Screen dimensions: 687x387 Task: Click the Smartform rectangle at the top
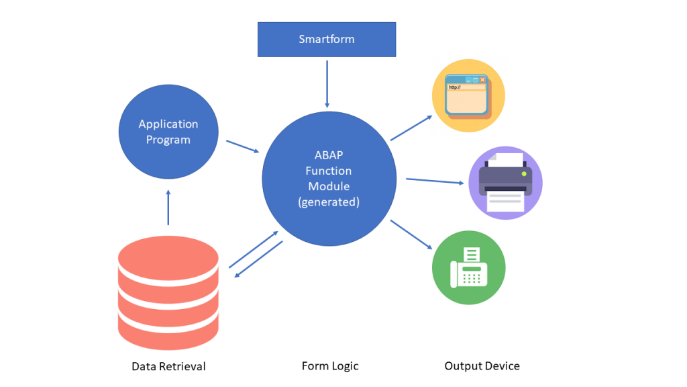click(327, 40)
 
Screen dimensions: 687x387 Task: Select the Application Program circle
click(168, 132)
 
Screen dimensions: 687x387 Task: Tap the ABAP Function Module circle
click(329, 179)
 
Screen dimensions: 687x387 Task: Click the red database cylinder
click(168, 293)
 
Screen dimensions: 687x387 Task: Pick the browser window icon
click(468, 96)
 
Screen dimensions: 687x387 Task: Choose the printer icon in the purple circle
click(505, 183)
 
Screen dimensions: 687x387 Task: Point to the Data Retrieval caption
click(168, 366)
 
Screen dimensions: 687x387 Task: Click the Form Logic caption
click(330, 366)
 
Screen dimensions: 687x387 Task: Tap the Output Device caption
click(482, 366)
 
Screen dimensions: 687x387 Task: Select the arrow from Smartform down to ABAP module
click(327, 84)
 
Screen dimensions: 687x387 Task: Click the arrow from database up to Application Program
click(168, 208)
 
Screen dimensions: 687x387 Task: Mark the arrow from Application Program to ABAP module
click(243, 146)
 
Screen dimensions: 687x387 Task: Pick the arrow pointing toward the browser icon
click(411, 128)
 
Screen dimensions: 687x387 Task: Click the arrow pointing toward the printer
click(435, 181)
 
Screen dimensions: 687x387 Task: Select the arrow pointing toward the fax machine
click(411, 234)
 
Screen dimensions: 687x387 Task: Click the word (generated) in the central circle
click(329, 202)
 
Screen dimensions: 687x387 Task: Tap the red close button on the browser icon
click(482, 80)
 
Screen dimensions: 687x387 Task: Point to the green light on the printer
click(524, 174)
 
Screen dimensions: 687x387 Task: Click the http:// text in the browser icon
click(455, 87)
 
